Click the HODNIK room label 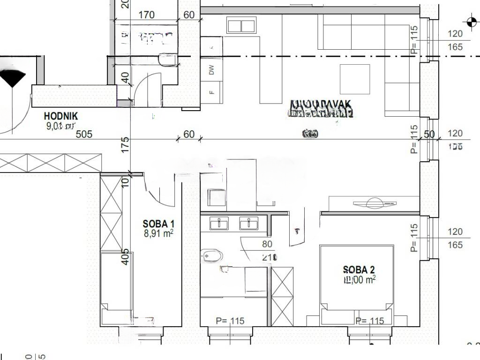coord(61,116)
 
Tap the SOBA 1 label coord(158,223)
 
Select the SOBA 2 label coord(359,270)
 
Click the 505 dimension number coord(84,135)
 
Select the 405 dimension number coord(125,257)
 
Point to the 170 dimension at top coord(146,15)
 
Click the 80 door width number coord(267,244)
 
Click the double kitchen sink coord(241,25)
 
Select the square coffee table coord(354,79)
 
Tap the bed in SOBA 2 coord(356,281)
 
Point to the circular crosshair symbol coord(471,21)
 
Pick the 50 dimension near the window coord(429,135)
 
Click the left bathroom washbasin coord(219,223)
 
